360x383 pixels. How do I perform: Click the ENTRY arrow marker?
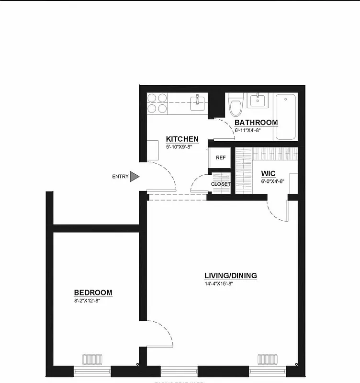135,177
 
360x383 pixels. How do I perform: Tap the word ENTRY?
120,177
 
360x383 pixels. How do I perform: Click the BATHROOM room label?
256,123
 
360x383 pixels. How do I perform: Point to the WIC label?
268,173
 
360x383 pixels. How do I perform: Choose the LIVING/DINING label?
231,276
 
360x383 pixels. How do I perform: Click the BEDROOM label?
93,293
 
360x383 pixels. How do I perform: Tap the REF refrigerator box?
221,158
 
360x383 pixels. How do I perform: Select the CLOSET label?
221,184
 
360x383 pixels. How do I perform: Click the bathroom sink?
259,101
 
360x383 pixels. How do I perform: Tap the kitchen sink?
197,102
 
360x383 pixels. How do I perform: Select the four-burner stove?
157,103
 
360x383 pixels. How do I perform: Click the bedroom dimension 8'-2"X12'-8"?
87,301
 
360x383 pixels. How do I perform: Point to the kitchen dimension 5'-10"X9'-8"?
179,147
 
